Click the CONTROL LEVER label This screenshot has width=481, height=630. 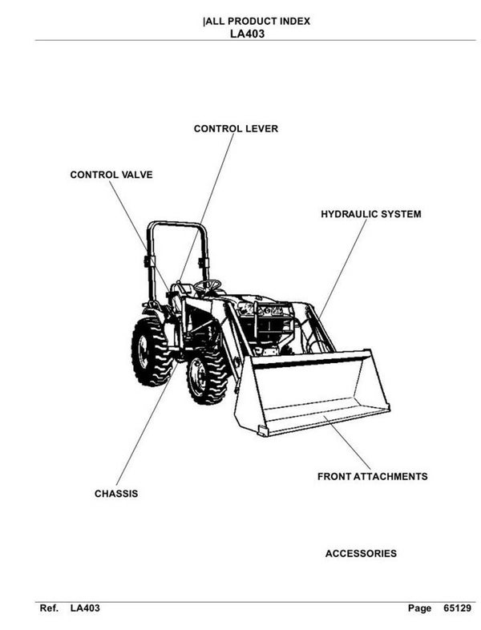[236, 128]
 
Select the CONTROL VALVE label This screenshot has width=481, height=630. [111, 174]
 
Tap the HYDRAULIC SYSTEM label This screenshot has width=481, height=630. [370, 215]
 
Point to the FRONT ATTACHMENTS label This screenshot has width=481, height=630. [372, 476]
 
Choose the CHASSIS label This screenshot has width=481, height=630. [116, 494]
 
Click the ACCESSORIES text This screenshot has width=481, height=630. [360, 554]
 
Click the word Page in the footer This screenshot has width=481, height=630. [419, 609]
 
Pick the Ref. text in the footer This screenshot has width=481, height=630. [50, 609]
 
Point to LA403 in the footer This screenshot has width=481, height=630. [85, 609]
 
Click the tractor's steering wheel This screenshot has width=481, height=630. [208, 285]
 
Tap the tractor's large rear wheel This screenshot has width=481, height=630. [152, 351]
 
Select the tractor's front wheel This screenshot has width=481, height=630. [206, 376]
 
